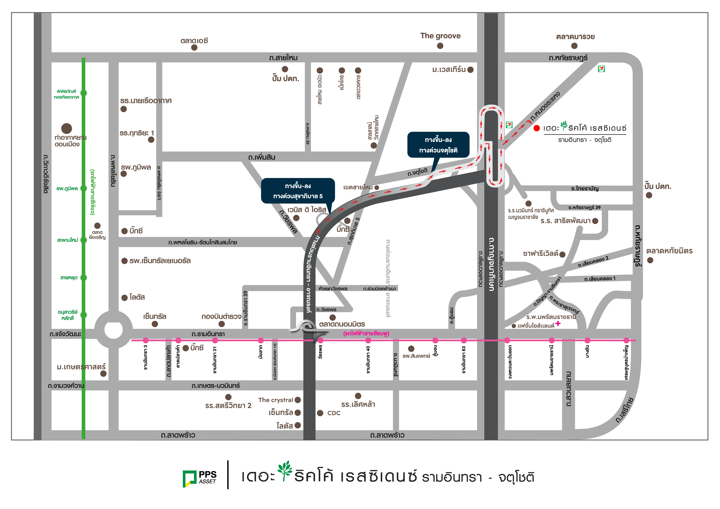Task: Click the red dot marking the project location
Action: [x=537, y=128]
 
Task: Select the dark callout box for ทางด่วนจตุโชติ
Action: [x=438, y=145]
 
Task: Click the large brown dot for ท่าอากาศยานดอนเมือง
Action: [x=66, y=128]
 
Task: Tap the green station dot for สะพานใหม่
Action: [x=84, y=240]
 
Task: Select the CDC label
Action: [x=334, y=413]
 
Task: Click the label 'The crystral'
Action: [x=276, y=400]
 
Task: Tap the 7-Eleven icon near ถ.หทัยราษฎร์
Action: [x=601, y=69]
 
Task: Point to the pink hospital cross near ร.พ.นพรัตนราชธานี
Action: [x=558, y=323]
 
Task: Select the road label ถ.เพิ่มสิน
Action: [x=262, y=157]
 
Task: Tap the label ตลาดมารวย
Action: [x=575, y=37]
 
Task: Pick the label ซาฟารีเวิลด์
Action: [x=540, y=253]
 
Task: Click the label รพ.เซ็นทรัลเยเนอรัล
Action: [x=160, y=261]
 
